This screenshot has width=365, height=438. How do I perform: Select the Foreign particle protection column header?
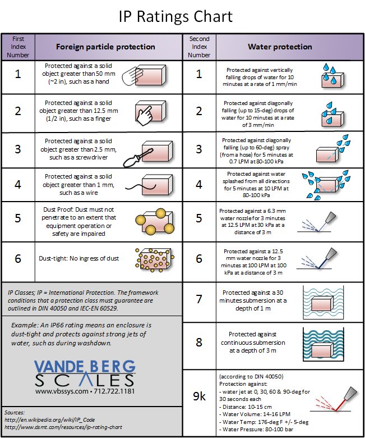(x=105, y=47)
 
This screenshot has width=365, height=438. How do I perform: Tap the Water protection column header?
(x=280, y=47)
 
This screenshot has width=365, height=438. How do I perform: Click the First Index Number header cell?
(x=18, y=47)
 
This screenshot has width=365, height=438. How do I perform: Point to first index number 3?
(x=18, y=149)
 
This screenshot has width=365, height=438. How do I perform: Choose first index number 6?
(x=18, y=258)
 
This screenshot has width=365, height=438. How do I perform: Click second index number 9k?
(x=199, y=396)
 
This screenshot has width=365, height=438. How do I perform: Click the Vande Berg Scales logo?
(x=85, y=373)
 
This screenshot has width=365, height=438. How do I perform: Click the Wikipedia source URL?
(x=49, y=419)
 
